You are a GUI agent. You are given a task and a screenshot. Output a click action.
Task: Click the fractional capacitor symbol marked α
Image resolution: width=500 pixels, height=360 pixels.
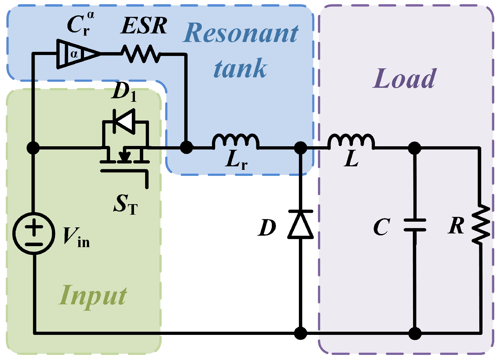tap(78, 54)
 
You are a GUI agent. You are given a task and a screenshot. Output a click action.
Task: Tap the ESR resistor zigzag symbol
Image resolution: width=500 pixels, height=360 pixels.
tap(141, 54)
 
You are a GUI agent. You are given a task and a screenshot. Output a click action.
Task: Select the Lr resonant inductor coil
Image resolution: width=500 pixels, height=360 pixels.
tap(236, 142)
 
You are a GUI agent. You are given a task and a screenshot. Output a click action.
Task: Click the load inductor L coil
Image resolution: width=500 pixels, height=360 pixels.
tap(351, 142)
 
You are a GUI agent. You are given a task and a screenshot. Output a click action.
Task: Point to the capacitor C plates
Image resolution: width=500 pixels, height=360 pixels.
tap(414, 225)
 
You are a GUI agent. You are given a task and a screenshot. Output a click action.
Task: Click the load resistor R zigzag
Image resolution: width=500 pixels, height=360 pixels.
tap(481, 225)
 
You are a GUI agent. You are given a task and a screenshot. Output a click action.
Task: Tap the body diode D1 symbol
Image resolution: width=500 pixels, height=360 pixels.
tap(124, 121)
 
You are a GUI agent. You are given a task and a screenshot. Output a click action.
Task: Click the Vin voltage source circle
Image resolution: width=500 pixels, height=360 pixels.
tap(34, 233)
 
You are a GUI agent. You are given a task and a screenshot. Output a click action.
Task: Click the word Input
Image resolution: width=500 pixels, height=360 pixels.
tap(93, 296)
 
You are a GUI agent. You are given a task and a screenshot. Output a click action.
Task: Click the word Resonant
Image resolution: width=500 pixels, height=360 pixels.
tap(241, 33)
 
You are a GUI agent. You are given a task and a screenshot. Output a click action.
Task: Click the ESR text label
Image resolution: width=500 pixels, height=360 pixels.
tap(144, 25)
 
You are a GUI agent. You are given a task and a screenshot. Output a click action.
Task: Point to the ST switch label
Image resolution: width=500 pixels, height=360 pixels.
tap(125, 204)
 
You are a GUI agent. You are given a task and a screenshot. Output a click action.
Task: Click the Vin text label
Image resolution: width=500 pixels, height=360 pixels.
tap(76, 237)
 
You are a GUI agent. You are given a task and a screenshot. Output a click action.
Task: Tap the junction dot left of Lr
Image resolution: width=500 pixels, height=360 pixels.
tap(186, 148)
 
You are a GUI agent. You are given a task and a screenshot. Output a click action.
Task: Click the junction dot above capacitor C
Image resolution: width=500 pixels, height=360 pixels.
tap(414, 148)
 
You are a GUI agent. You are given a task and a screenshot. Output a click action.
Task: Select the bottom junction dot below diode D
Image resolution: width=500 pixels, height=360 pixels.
tap(300, 333)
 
